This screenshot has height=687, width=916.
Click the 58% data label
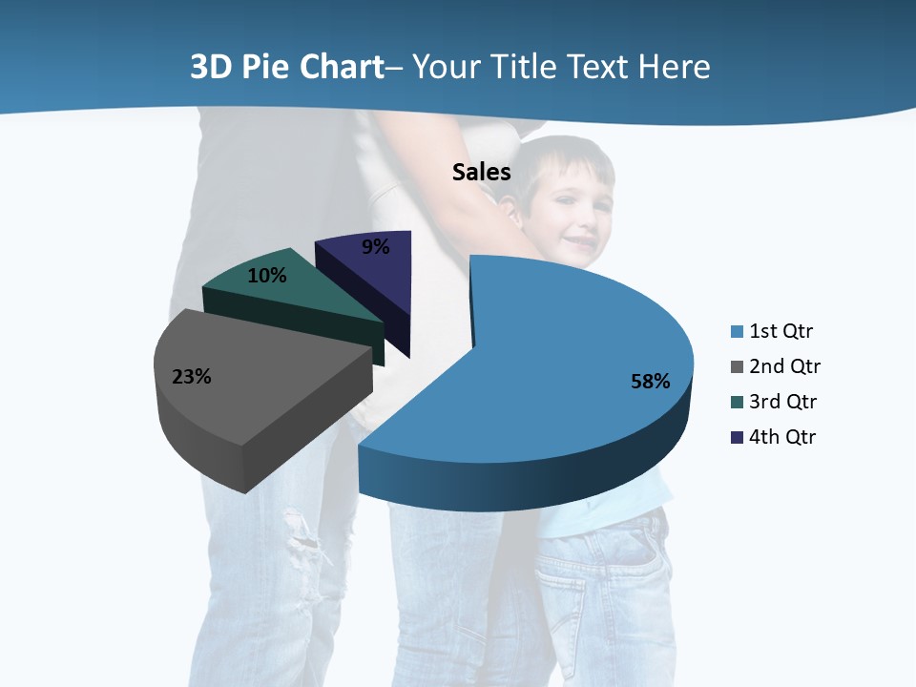(650, 382)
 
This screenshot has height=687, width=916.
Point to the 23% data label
(191, 377)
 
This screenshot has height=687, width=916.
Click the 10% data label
(266, 276)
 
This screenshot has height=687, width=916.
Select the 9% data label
(376, 247)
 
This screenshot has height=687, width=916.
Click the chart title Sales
(481, 172)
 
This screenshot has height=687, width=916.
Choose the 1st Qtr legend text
(781, 331)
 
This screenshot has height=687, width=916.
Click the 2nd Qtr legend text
(784, 366)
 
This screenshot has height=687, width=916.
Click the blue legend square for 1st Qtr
(737, 332)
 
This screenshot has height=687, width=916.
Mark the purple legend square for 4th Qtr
(737, 438)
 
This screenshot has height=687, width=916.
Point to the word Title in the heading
(526, 67)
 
